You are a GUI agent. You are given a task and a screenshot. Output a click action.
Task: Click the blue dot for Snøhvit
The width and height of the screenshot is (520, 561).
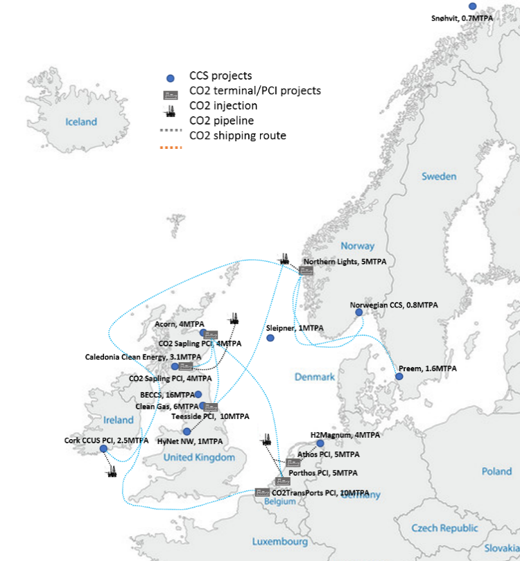click(x=473, y=6)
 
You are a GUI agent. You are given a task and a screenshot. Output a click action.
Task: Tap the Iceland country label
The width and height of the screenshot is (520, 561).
click(x=81, y=122)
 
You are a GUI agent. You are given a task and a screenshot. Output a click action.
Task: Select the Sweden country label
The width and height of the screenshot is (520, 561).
click(x=439, y=176)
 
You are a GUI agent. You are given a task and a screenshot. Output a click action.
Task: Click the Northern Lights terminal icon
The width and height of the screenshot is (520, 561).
click(x=306, y=270)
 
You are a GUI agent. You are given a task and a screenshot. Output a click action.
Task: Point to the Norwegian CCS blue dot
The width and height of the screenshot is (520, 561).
click(x=359, y=312)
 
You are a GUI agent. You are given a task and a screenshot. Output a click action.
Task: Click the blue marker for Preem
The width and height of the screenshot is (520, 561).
click(x=399, y=377)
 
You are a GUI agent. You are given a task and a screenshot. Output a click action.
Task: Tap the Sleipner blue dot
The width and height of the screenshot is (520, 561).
click(x=270, y=338)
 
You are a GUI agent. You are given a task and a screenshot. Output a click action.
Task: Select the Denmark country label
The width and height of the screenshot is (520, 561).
click(x=314, y=377)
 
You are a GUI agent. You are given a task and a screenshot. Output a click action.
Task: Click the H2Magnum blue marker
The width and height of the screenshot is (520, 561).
click(x=320, y=443)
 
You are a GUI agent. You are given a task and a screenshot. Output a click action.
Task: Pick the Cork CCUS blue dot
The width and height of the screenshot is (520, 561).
click(x=103, y=448)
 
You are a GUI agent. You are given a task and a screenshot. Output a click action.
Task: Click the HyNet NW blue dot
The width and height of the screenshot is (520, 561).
click(x=187, y=431)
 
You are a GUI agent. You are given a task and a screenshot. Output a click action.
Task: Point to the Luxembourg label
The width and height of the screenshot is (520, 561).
click(x=279, y=541)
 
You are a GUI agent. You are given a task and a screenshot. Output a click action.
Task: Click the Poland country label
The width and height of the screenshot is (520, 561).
click(x=496, y=472)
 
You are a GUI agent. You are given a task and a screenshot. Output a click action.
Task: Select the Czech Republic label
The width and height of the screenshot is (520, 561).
click(x=444, y=528)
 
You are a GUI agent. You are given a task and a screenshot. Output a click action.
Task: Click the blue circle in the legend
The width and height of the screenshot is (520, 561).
click(x=169, y=78)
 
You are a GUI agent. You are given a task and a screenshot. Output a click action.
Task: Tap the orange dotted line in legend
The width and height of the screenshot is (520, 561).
click(x=169, y=147)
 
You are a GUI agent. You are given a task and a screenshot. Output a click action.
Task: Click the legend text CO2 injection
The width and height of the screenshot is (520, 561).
click(x=223, y=105)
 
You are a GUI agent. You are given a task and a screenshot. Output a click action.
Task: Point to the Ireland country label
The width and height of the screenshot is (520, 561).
click(x=118, y=420)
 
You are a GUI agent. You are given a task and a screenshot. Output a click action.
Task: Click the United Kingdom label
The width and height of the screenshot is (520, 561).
click(x=199, y=457)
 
